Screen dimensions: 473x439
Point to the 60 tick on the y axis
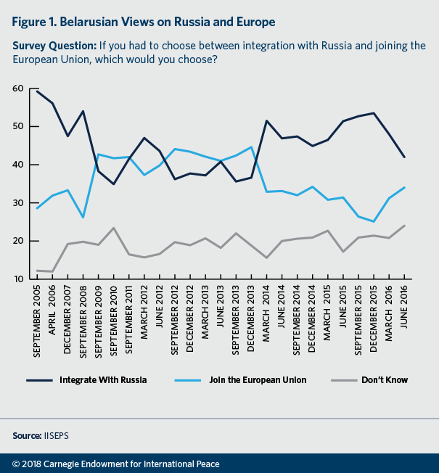pos(18,89)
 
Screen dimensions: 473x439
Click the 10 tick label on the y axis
pos(18,279)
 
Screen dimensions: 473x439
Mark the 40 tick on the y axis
pos(18,165)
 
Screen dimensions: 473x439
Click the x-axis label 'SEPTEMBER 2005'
pos(37,318)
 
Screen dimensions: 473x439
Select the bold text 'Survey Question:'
pos(54,46)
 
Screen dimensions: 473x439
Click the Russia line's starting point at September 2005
pos(37,91)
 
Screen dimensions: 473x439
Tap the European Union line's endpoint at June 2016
pos(405,187)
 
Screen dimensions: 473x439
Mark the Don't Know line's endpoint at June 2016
pos(405,225)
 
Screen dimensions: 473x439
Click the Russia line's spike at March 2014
pos(268,120)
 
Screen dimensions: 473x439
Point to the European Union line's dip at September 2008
pos(83,217)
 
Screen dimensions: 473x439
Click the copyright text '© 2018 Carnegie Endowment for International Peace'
pos(116,464)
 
